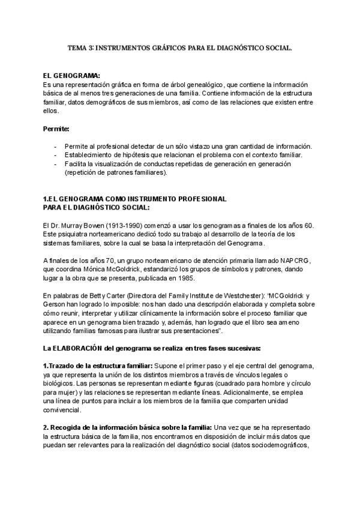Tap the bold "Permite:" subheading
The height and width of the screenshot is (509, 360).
pyautogui.click(x=56, y=128)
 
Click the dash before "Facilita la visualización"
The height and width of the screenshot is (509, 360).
pyautogui.click(x=56, y=164)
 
